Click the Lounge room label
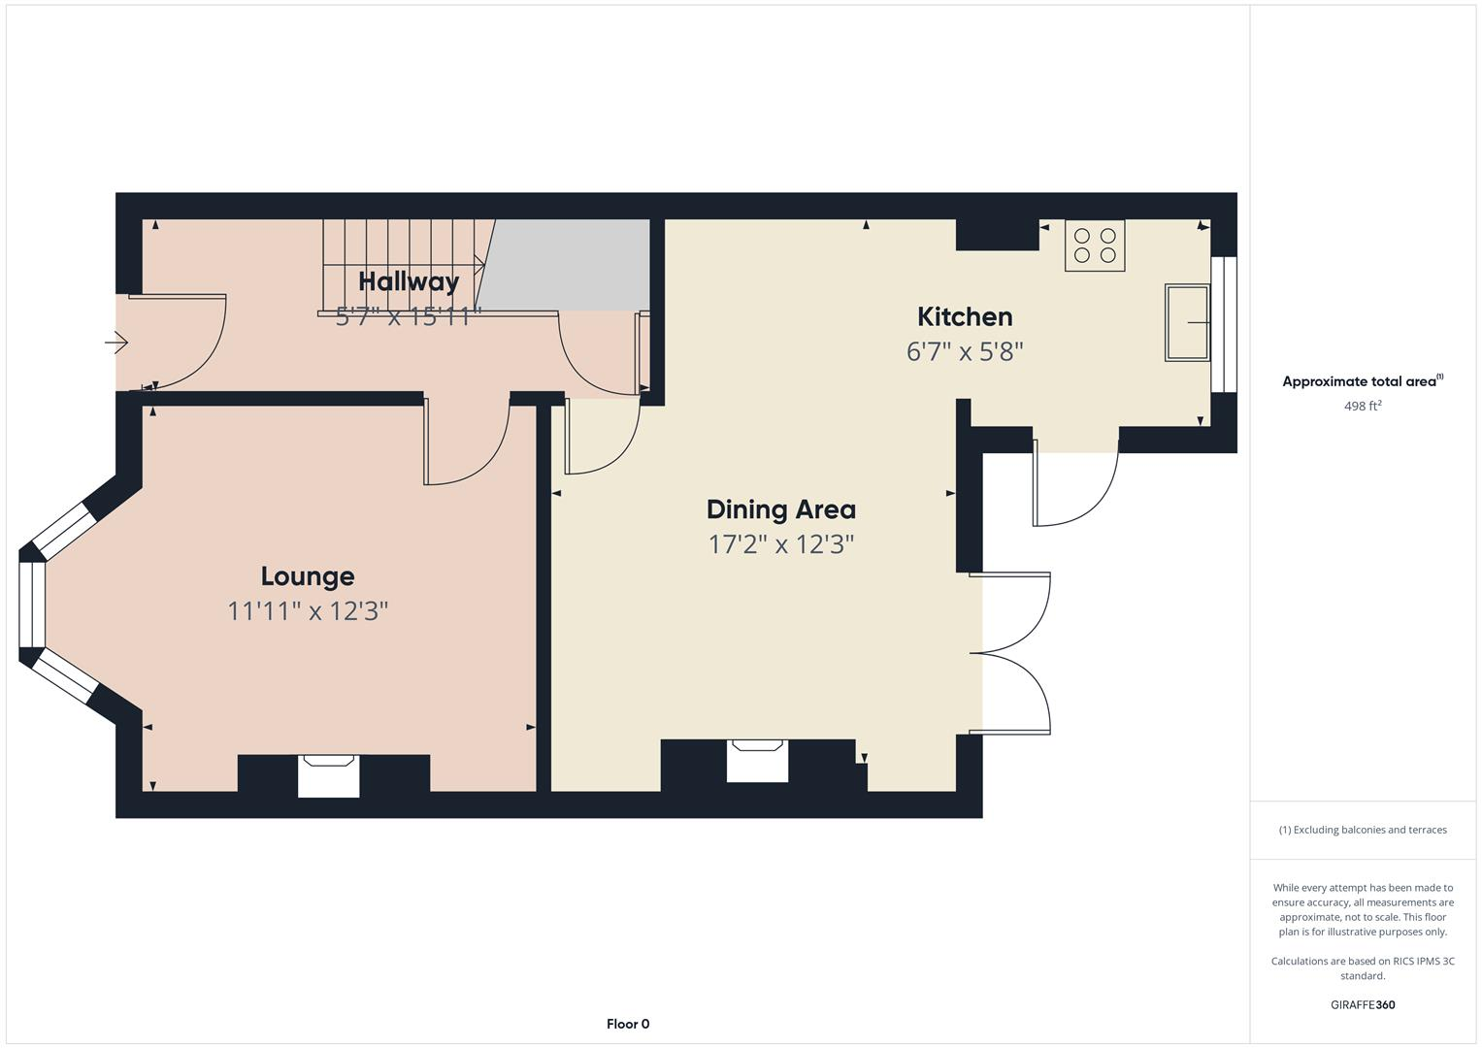tap(308, 576)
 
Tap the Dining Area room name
tap(780, 509)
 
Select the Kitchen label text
tap(965, 316)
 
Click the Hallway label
tap(409, 281)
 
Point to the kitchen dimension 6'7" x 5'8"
tap(965, 351)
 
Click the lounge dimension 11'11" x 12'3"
tap(308, 611)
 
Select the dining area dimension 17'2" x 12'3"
tap(780, 544)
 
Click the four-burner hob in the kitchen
tap(1095, 246)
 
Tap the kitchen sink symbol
tap(1186, 322)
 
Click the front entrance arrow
tap(116, 343)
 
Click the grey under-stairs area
tap(568, 264)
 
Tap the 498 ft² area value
tap(1362, 407)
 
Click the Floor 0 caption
tap(628, 1024)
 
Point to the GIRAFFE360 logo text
tap(1362, 1004)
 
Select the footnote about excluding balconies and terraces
tap(1362, 830)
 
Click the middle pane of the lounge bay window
tap(32, 604)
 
